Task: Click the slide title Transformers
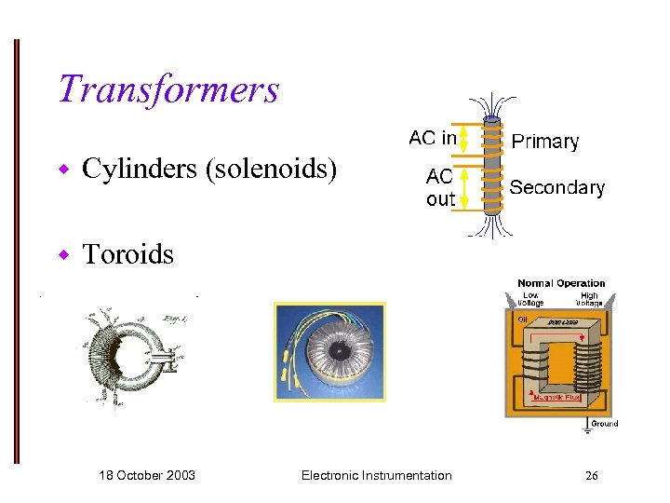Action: click(168, 89)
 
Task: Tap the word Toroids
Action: click(128, 254)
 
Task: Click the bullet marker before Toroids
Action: click(64, 254)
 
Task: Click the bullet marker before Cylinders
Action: click(64, 170)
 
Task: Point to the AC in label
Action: click(433, 139)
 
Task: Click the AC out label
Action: click(440, 187)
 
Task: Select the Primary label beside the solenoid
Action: click(545, 142)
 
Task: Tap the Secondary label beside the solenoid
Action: click(556, 187)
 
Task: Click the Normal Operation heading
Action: click(561, 283)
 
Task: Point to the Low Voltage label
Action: click(530, 299)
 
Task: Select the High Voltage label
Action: click(589, 299)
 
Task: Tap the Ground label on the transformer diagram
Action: click(604, 424)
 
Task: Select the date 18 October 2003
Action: click(147, 475)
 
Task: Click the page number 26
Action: click(591, 476)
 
